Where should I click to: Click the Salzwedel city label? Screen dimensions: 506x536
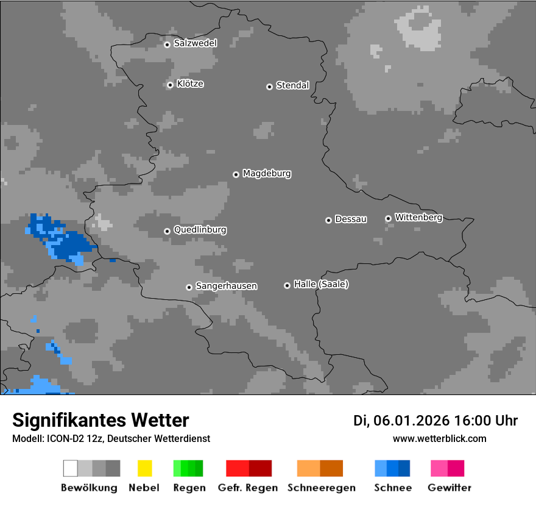[x=195, y=43]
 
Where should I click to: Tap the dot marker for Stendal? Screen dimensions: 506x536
[x=269, y=87]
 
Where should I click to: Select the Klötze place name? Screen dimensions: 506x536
[x=190, y=84]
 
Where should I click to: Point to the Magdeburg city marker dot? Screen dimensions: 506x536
[x=236, y=174]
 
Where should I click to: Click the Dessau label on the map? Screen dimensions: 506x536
[x=351, y=219]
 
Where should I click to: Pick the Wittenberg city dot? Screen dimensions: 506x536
[x=388, y=218]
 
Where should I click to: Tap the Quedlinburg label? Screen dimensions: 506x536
[x=200, y=230]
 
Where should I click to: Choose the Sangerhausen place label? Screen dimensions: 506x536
[x=226, y=286]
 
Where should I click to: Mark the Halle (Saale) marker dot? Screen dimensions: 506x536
[x=287, y=285]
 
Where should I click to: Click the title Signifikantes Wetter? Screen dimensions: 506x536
[x=100, y=420]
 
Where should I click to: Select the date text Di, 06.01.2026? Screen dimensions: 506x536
[x=401, y=421]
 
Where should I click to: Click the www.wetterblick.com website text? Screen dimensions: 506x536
[x=439, y=439]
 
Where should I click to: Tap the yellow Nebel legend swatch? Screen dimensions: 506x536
[x=144, y=468]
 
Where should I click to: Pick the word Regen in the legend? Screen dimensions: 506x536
[x=188, y=488]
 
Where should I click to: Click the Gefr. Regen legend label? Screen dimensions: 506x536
[x=248, y=488]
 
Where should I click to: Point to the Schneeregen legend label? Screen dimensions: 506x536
[x=321, y=488]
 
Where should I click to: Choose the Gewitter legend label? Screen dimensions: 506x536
[x=450, y=488]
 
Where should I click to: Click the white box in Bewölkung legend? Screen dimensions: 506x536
[x=71, y=468]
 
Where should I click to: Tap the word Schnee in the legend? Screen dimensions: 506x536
[x=393, y=488]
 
